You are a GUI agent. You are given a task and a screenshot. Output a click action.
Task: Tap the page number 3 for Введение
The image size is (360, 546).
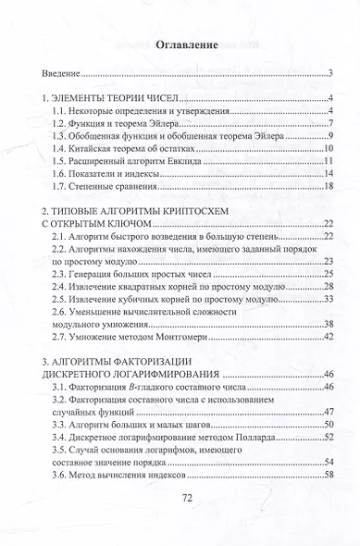coord(329,72)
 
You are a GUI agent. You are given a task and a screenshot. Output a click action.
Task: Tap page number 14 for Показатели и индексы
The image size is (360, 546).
coord(327,174)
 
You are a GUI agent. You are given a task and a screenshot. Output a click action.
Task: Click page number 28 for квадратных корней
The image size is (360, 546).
coord(327,289)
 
